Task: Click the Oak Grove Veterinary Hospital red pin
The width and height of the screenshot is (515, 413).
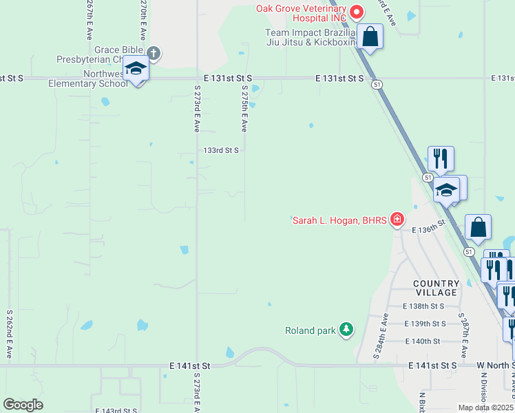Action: (357, 11)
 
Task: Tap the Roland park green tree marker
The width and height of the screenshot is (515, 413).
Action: (346, 330)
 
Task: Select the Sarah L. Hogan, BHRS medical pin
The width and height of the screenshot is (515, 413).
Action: (397, 220)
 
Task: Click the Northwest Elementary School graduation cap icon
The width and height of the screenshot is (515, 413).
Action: (136, 69)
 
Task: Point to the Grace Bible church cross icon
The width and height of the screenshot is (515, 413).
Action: (153, 52)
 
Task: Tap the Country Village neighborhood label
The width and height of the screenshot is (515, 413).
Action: (436, 288)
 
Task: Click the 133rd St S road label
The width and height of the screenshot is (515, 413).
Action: (220, 149)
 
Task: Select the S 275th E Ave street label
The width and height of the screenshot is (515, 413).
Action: (244, 109)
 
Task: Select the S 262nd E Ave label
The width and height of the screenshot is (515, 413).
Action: (10, 333)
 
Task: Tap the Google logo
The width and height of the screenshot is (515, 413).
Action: (23, 405)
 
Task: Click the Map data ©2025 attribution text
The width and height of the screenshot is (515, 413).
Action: (485, 407)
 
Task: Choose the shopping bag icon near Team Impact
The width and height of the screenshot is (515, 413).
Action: (370, 36)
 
